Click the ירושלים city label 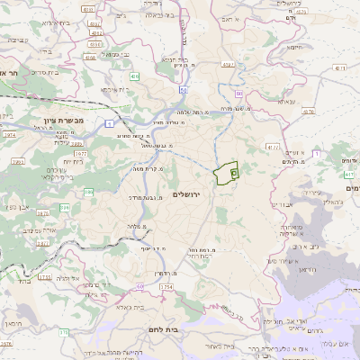coord(189,193)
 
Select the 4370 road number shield coord(309,112)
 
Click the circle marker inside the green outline coord(233,169)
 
